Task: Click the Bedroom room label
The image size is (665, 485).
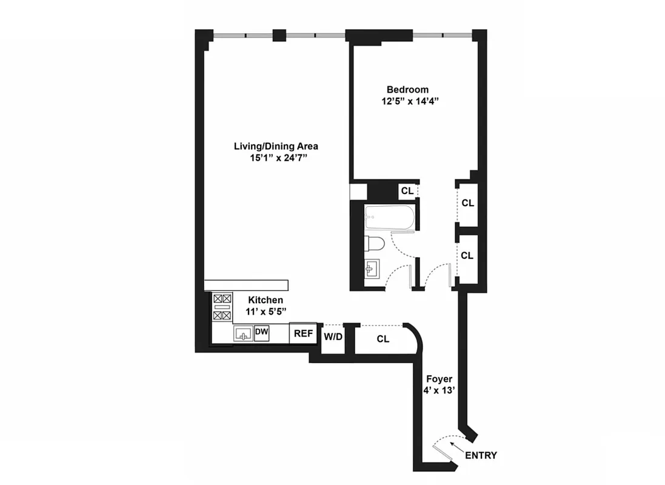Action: pos(407,90)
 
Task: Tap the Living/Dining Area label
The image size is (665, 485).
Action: pos(276,146)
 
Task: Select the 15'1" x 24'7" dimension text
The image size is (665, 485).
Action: pos(276,158)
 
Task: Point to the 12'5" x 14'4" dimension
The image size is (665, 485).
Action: pos(407,102)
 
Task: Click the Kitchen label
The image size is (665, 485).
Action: pos(266,300)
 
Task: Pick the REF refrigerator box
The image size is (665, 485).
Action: pos(303,333)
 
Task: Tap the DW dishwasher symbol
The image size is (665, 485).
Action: pos(261,332)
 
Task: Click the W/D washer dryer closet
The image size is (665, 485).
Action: pos(332,336)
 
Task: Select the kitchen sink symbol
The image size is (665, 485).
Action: pos(244,333)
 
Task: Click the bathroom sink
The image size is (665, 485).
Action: pos(372,269)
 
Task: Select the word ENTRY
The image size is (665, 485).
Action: pos(481,455)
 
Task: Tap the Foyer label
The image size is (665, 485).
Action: pos(439,379)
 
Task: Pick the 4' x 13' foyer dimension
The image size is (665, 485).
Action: pos(439,391)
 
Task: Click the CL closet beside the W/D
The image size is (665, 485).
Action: pos(383,339)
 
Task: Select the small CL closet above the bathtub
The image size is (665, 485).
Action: pos(407,190)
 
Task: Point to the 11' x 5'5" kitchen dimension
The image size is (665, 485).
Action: pos(266,312)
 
